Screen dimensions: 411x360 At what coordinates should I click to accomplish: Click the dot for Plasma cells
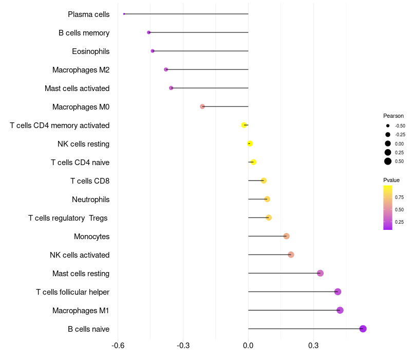point(124,14)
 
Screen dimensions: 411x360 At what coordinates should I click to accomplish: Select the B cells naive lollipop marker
point(363,329)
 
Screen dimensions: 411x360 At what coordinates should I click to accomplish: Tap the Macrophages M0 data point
point(202,106)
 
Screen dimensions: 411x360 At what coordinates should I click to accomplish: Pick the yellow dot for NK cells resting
point(250,143)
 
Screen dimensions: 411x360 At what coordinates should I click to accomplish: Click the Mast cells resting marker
point(320,273)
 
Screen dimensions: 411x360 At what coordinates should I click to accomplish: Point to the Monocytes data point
point(286,236)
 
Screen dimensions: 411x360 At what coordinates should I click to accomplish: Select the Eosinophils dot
point(153,51)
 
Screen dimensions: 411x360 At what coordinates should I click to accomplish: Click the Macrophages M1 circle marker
point(340,310)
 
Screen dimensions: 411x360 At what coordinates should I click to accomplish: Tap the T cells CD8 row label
point(90,181)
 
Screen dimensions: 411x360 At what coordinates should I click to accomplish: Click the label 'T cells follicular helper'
point(72,292)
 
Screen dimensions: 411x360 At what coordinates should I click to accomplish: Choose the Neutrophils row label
point(91,200)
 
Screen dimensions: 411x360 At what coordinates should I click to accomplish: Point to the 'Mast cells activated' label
point(77,88)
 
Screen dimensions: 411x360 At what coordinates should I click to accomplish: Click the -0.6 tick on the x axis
point(118,346)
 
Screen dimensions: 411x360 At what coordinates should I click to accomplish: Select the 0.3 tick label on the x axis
point(313,346)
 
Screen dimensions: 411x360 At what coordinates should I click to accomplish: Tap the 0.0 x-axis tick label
point(248,346)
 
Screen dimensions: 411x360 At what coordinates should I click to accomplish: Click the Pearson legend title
point(393,116)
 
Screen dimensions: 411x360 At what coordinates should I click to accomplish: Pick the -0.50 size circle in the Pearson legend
point(388,126)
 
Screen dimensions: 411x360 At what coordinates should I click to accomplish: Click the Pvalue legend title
point(391,181)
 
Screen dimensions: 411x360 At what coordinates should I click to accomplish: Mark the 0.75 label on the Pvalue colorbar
point(399,197)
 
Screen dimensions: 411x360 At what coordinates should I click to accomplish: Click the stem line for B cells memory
point(198,32)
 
